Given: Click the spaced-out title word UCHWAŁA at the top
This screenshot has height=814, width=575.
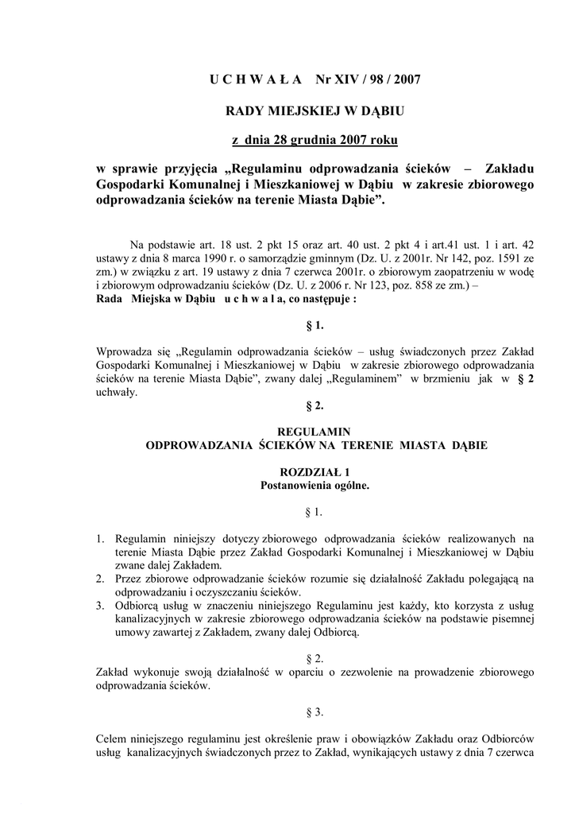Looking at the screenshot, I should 255,79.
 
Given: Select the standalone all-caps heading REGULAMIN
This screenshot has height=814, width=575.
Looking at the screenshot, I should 315,431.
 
